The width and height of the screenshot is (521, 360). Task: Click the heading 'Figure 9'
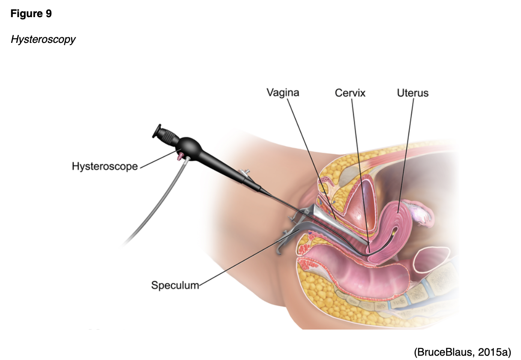[31, 14]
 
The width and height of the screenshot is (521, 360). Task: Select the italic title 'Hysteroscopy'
[43, 39]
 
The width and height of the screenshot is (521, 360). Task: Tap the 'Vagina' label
[282, 93]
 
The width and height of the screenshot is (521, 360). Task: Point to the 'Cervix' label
[350, 93]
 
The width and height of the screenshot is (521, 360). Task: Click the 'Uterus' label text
[412, 93]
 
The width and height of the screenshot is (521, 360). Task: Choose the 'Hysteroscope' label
[105, 166]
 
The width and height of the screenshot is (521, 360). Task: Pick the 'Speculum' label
[175, 285]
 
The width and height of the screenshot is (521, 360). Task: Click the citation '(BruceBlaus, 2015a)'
[462, 352]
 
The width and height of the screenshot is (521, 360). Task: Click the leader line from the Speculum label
[249, 258]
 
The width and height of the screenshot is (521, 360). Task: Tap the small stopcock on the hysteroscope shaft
[245, 173]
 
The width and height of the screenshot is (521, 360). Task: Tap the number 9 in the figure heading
[48, 14]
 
